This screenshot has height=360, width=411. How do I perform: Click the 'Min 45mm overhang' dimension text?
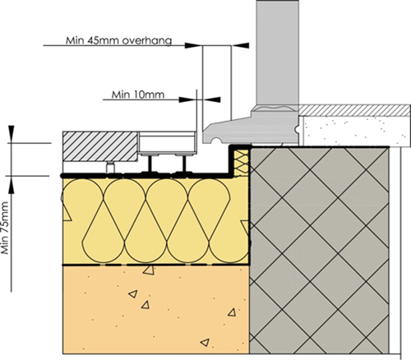[118, 40]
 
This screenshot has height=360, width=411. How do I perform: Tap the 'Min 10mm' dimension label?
[138, 95]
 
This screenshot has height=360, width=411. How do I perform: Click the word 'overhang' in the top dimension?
[147, 41]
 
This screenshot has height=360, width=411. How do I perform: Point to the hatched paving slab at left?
[100, 146]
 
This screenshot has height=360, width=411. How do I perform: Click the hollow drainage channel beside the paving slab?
[168, 143]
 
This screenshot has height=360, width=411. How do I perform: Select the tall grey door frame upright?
[277, 53]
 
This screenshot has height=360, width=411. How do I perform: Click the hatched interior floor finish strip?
[354, 110]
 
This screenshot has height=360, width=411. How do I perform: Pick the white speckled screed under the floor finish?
[355, 130]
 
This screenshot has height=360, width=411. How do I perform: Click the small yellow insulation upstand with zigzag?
[241, 163]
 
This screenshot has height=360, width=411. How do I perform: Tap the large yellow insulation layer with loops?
[156, 221]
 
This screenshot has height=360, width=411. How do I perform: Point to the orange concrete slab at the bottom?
[156, 310]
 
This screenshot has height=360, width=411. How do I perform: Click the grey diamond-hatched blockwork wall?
[320, 250]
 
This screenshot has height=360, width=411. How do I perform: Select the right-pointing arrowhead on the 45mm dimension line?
[193, 45]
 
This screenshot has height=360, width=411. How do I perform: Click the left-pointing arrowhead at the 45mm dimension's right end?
[240, 45]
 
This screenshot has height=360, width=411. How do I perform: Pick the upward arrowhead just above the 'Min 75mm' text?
[12, 185]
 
